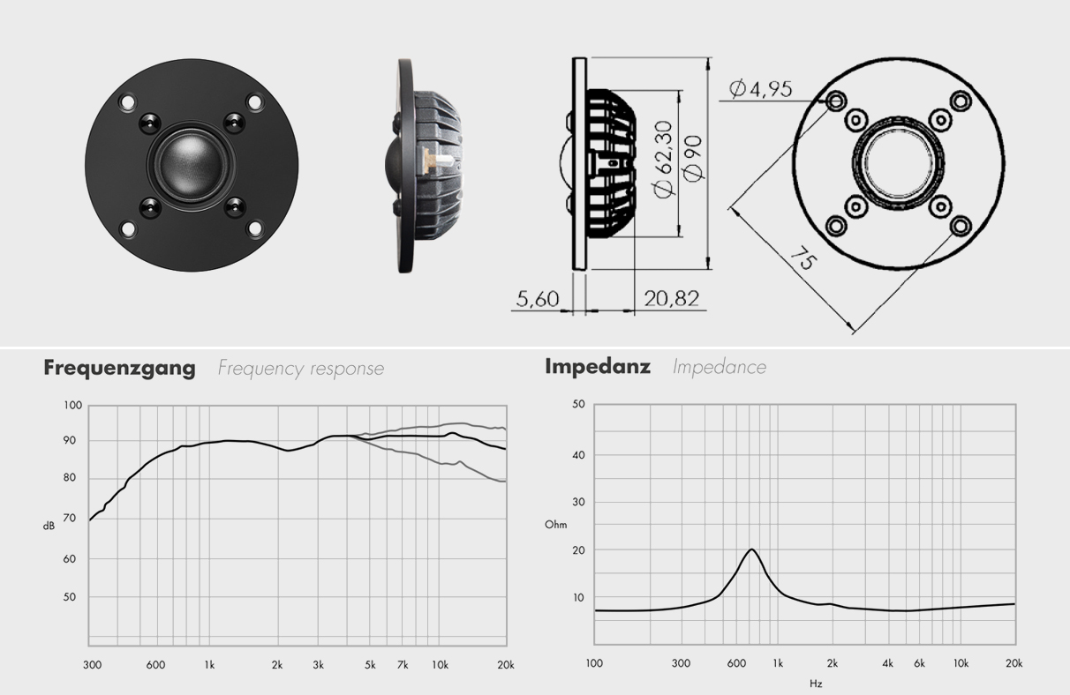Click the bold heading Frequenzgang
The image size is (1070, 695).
tap(119, 368)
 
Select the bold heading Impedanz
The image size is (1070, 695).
tap(597, 366)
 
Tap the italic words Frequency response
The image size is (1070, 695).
tap(301, 368)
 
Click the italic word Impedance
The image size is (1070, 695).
tap(720, 366)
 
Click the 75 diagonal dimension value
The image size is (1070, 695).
tap(802, 261)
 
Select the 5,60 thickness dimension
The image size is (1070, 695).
tap(538, 299)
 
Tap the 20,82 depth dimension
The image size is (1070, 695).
tap(671, 299)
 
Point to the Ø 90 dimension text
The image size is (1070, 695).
tap(694, 159)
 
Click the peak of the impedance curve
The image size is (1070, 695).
tap(751, 549)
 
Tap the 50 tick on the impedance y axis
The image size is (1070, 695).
tap(579, 404)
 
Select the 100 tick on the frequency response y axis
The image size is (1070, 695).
tap(72, 405)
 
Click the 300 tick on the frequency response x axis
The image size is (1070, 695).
tap(91, 664)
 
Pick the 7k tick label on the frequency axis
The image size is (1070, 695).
tap(403, 664)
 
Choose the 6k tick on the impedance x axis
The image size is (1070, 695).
tap(919, 662)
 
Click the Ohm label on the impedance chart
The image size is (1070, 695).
tap(555, 525)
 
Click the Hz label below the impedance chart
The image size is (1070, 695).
tap(816, 683)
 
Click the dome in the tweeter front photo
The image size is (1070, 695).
tap(191, 159)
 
